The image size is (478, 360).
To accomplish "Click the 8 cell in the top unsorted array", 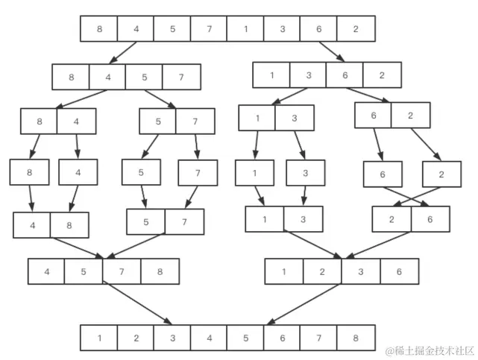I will [x=99, y=29].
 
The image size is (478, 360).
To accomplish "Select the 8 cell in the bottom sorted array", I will [x=355, y=338].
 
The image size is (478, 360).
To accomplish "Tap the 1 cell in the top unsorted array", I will [x=245, y=29].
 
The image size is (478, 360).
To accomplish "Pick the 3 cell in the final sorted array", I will [x=172, y=338].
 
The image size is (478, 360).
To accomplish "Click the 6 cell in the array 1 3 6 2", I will [x=345, y=75].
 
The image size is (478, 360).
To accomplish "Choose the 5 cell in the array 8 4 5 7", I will [x=144, y=77].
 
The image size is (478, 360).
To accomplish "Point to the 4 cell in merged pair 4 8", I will [x=32, y=224].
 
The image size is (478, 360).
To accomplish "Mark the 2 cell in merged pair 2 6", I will [x=391, y=219].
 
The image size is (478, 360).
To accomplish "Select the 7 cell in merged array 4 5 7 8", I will [x=122, y=271].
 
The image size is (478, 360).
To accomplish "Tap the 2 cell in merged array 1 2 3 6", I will [x=323, y=271].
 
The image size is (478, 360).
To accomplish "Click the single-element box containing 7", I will [x=198, y=173].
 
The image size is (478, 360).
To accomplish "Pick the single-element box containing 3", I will [x=305, y=173].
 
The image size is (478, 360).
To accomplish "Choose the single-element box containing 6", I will [x=383, y=174].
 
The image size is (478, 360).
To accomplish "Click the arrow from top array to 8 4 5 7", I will [x=124, y=53].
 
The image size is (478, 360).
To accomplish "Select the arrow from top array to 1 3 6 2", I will [x=333, y=52].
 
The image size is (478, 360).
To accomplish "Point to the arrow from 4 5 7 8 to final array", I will [x=139, y=304].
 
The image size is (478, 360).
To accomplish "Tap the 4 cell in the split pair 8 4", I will [x=77, y=121].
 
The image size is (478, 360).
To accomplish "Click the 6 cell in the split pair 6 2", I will [x=373, y=116].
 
